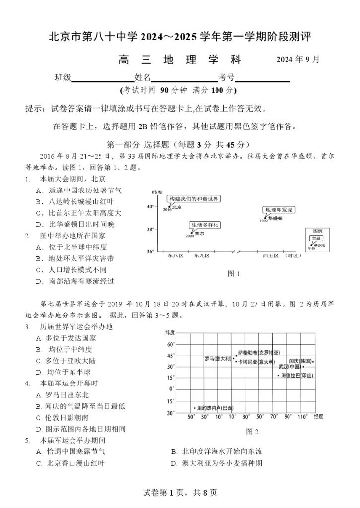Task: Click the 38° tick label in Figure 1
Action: click(x=151, y=229)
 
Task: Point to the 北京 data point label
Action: click(x=176, y=207)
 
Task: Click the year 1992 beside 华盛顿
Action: click(x=263, y=221)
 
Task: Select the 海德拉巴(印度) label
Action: click(x=297, y=376)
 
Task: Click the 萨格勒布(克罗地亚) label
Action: click(x=259, y=352)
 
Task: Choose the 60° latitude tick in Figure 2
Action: click(x=171, y=344)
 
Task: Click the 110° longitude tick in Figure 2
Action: click(x=302, y=417)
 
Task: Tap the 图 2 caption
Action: click(x=252, y=432)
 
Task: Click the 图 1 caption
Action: click(x=233, y=273)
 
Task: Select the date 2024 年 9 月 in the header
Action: click(x=298, y=60)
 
